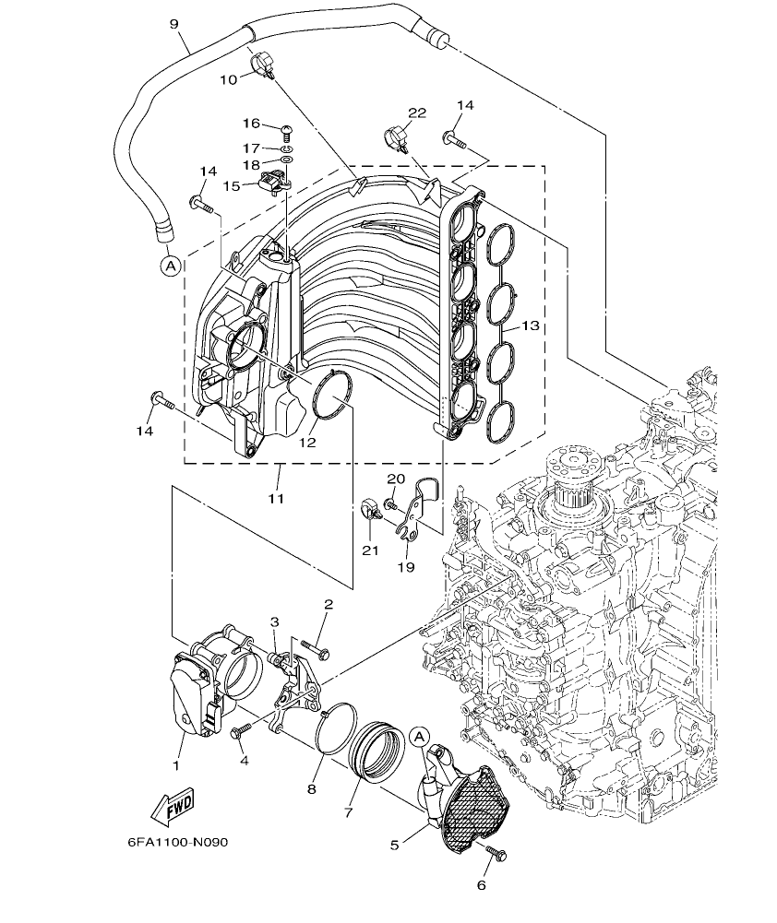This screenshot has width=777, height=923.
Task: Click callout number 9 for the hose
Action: [x=173, y=25]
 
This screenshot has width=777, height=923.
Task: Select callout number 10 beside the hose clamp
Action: [x=228, y=79]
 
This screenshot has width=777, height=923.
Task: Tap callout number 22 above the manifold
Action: [x=417, y=112]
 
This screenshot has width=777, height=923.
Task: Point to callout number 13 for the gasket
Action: [x=530, y=326]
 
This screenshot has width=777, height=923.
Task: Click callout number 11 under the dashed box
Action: [x=276, y=498]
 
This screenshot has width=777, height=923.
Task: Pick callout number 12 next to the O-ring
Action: [x=306, y=443]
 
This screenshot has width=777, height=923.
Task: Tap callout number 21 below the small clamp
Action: [x=370, y=550]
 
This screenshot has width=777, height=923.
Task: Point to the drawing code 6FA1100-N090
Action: [x=178, y=843]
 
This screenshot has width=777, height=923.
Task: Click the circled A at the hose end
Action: [x=169, y=266]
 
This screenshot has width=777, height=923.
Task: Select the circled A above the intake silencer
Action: [x=418, y=737]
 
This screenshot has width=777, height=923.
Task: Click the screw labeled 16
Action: [x=285, y=130]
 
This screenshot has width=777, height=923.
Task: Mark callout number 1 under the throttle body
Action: [x=177, y=765]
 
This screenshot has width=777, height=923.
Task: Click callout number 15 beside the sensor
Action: [x=230, y=185]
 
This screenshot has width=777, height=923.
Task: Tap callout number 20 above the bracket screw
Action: [x=396, y=479]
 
